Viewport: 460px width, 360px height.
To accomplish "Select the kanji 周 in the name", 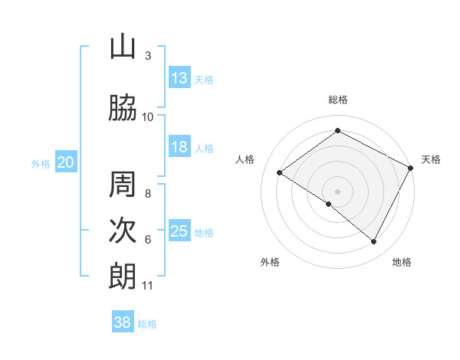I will [x=123, y=185].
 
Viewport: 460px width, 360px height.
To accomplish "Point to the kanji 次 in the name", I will [x=123, y=231].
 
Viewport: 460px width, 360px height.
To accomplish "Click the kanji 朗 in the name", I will [x=123, y=277].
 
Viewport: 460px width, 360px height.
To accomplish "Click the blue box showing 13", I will [x=179, y=78].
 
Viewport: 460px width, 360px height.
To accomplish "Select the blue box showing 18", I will [x=179, y=148].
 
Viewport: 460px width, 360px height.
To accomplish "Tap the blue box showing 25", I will [x=179, y=232].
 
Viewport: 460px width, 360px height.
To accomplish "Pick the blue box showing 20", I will [x=66, y=162].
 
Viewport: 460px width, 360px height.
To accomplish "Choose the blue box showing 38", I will [x=123, y=322].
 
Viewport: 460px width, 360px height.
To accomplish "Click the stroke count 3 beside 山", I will [x=148, y=56].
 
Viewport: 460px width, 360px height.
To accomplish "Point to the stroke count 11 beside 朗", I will [x=147, y=286].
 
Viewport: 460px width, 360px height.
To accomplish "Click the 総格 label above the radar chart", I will [x=338, y=100].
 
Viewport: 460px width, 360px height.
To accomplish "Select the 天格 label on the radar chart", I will [x=431, y=159].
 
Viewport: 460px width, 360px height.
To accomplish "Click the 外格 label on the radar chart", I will [x=270, y=263].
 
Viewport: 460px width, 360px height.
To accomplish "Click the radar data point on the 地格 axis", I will [x=374, y=242].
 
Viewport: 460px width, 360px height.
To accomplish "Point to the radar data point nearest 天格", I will [x=411, y=168].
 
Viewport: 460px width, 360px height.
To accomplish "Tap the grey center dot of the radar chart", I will [x=337, y=191].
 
